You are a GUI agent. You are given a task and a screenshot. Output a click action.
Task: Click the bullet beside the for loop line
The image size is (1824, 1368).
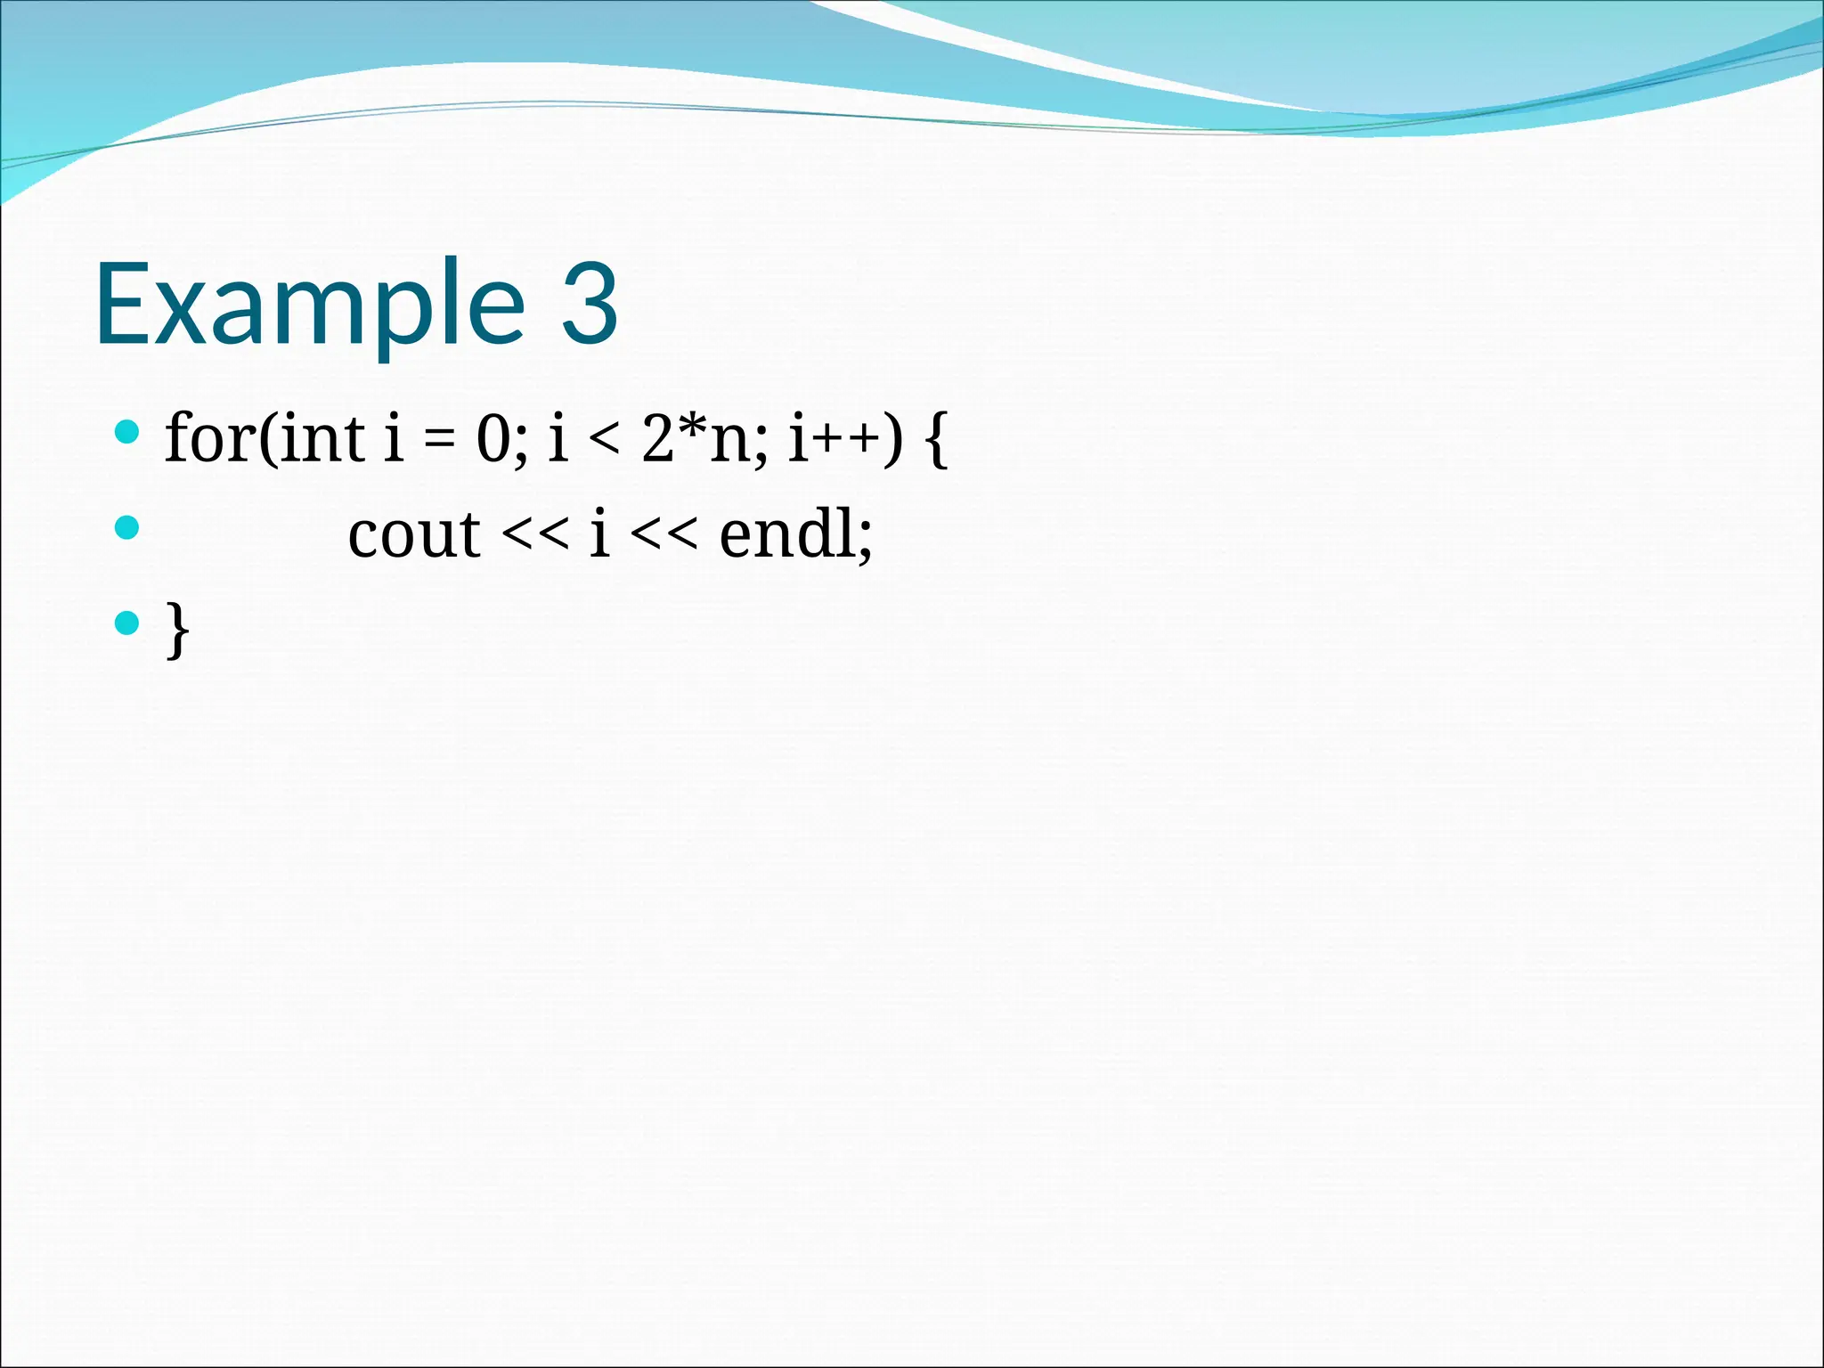pyautogui.click(x=127, y=433)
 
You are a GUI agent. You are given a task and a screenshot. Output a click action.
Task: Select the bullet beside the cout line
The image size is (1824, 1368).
pyautogui.click(x=127, y=528)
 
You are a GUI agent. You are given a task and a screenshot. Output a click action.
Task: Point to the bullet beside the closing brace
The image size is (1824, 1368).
pyautogui.click(x=127, y=623)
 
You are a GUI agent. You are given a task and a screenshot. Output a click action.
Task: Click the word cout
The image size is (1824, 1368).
pyautogui.click(x=414, y=536)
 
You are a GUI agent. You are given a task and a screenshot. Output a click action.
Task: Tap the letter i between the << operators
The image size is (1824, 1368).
pyautogui.click(x=599, y=534)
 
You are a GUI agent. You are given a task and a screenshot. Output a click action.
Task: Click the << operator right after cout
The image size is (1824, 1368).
pyautogui.click(x=534, y=537)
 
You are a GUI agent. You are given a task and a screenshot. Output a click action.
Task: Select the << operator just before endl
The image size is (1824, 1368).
pyautogui.click(x=664, y=537)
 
